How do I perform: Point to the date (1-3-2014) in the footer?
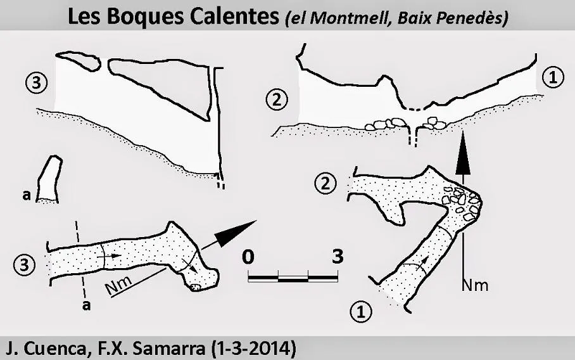pos(254,349)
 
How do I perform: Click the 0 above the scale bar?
pos(248,256)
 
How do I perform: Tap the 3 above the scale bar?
pos(338,256)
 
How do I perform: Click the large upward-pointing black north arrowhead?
pos(463,152)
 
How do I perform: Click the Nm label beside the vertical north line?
pos(475,285)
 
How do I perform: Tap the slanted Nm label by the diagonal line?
pos(119,285)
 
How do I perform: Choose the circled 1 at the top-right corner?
pos(552,78)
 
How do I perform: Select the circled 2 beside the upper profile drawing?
pos(277,100)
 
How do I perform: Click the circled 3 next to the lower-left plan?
pos(24,264)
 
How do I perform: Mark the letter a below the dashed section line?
pos(87,305)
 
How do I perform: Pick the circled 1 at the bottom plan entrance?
pos(361,312)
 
